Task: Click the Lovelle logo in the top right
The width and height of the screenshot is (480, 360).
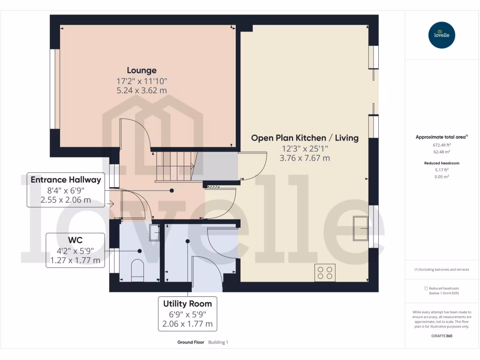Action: tap(442, 35)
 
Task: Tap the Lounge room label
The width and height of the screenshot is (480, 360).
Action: tap(141, 70)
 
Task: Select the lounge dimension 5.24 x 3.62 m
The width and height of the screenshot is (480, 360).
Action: tap(141, 90)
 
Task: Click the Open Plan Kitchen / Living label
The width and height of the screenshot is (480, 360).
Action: tap(305, 138)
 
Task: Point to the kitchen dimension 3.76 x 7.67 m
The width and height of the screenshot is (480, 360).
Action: tap(305, 158)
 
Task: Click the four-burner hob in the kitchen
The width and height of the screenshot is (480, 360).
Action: tap(325, 273)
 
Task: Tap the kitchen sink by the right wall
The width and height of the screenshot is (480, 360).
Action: tap(361, 228)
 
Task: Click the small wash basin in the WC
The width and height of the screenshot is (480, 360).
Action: tap(154, 232)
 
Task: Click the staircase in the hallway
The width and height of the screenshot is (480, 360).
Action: tap(174, 166)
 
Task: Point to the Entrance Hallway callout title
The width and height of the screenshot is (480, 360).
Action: tap(66, 180)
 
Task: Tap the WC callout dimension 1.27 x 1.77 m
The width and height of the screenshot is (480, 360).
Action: tap(75, 261)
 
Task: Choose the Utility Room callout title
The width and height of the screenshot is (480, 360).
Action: tap(187, 304)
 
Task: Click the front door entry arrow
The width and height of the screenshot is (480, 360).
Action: tap(111, 204)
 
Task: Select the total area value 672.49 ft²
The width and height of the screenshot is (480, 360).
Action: tap(441, 145)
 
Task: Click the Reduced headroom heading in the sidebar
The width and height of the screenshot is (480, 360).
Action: tap(441, 163)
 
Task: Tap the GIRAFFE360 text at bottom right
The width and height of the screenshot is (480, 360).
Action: tap(441, 336)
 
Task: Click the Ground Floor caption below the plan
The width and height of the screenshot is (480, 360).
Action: tap(190, 343)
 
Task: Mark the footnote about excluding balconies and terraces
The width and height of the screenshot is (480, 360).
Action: tap(441, 270)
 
